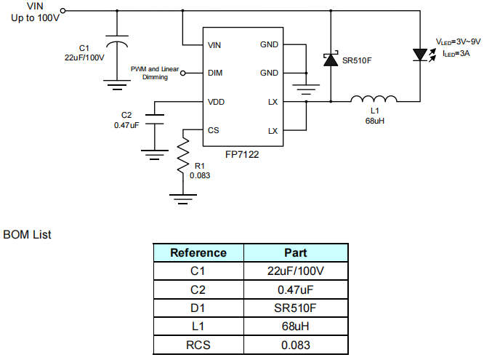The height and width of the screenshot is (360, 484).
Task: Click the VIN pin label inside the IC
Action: (x=214, y=45)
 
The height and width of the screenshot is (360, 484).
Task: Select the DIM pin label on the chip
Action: (x=214, y=73)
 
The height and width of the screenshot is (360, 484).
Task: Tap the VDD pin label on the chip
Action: (x=216, y=103)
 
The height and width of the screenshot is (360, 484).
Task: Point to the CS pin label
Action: (x=213, y=131)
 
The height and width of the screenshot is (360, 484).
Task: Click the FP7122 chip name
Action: (x=242, y=155)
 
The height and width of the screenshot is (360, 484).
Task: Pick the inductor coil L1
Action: (x=374, y=100)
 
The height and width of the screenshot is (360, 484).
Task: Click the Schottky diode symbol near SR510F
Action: (x=331, y=60)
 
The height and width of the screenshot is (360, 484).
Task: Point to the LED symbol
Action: (x=420, y=55)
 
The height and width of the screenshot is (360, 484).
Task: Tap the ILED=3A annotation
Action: (x=453, y=54)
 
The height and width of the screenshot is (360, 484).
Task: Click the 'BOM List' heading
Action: (x=27, y=234)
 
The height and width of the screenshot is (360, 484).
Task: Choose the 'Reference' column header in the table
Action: (x=198, y=252)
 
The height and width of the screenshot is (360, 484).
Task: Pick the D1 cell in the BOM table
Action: (x=198, y=308)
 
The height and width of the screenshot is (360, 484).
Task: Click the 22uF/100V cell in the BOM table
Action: (x=295, y=271)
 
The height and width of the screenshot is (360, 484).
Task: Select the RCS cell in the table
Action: (x=198, y=344)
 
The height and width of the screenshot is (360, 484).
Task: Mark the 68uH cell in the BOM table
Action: (x=295, y=326)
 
